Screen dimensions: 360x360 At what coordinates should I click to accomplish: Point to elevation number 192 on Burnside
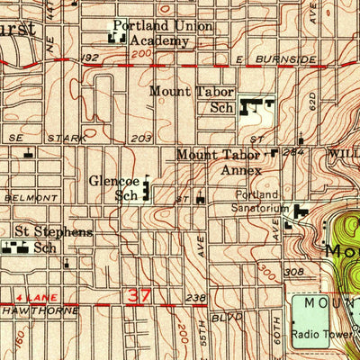88,57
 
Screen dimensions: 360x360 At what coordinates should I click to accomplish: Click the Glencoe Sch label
115,186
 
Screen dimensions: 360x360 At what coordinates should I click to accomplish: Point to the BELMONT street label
23,195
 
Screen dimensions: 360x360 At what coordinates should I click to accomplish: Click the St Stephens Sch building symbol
13,247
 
